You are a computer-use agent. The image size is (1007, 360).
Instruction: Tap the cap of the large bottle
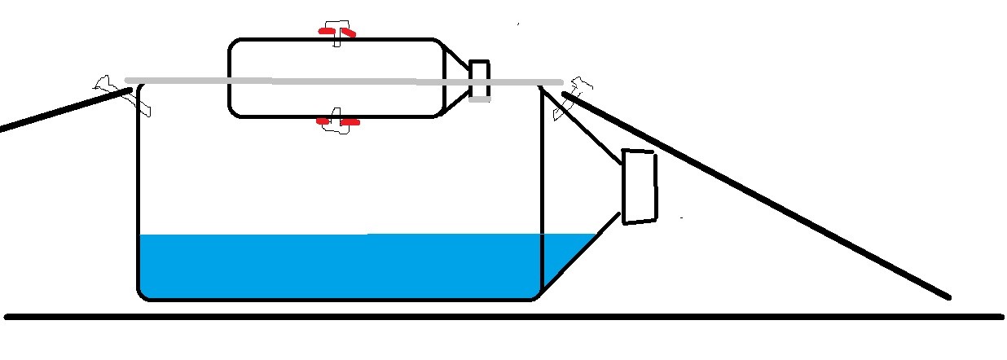coord(640,187)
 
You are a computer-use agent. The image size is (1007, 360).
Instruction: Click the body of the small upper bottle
coord(334,61)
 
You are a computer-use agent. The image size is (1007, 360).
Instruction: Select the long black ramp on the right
coord(758,195)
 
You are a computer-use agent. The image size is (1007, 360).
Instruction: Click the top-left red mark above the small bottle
coord(326,31)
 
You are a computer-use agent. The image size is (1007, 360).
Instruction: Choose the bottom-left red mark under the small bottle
coord(324,122)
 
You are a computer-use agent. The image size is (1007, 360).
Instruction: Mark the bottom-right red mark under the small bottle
coord(350,122)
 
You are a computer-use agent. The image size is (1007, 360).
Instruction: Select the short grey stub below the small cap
coord(480,99)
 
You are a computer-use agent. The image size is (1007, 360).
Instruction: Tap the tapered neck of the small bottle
coord(455,77)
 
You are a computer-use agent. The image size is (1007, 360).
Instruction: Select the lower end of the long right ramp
coord(945,294)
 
